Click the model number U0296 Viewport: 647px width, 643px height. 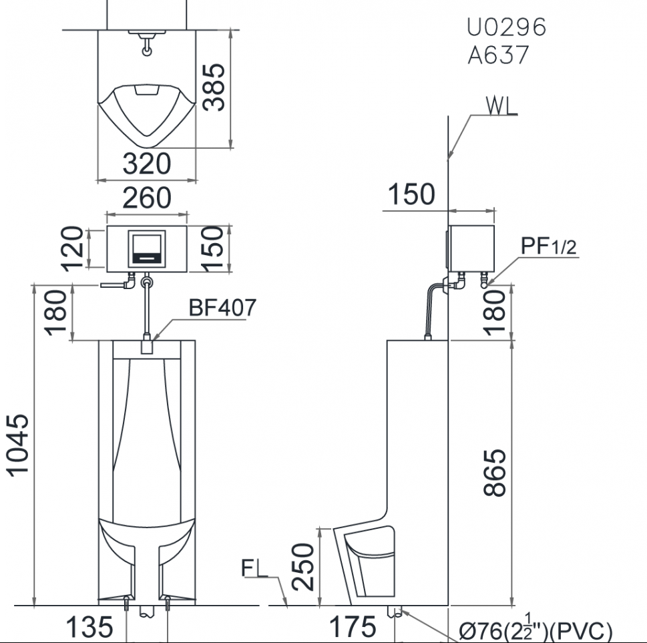tap(506, 27)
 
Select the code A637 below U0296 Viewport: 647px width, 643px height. tap(498, 55)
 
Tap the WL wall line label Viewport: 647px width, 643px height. tap(501, 105)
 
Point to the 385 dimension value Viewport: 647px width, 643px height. tap(214, 87)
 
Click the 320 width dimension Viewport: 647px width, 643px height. tap(146, 164)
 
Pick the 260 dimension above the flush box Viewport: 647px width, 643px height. tap(146, 198)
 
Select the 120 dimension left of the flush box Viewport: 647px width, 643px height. tap(72, 248)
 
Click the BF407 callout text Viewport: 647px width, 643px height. tap(222, 307)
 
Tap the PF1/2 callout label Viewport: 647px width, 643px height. tap(548, 246)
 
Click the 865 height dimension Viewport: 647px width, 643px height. tap(494, 473)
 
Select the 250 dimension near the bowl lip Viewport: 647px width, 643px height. tap(303, 567)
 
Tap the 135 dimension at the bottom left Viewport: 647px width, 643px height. tap(89, 627)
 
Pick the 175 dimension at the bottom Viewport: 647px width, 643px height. tap(353, 627)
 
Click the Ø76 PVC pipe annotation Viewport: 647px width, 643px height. tap(535, 630)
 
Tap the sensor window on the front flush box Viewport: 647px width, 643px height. tap(147, 249)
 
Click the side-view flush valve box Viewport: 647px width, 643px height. tap(471, 248)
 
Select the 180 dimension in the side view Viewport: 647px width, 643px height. tap(494, 312)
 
